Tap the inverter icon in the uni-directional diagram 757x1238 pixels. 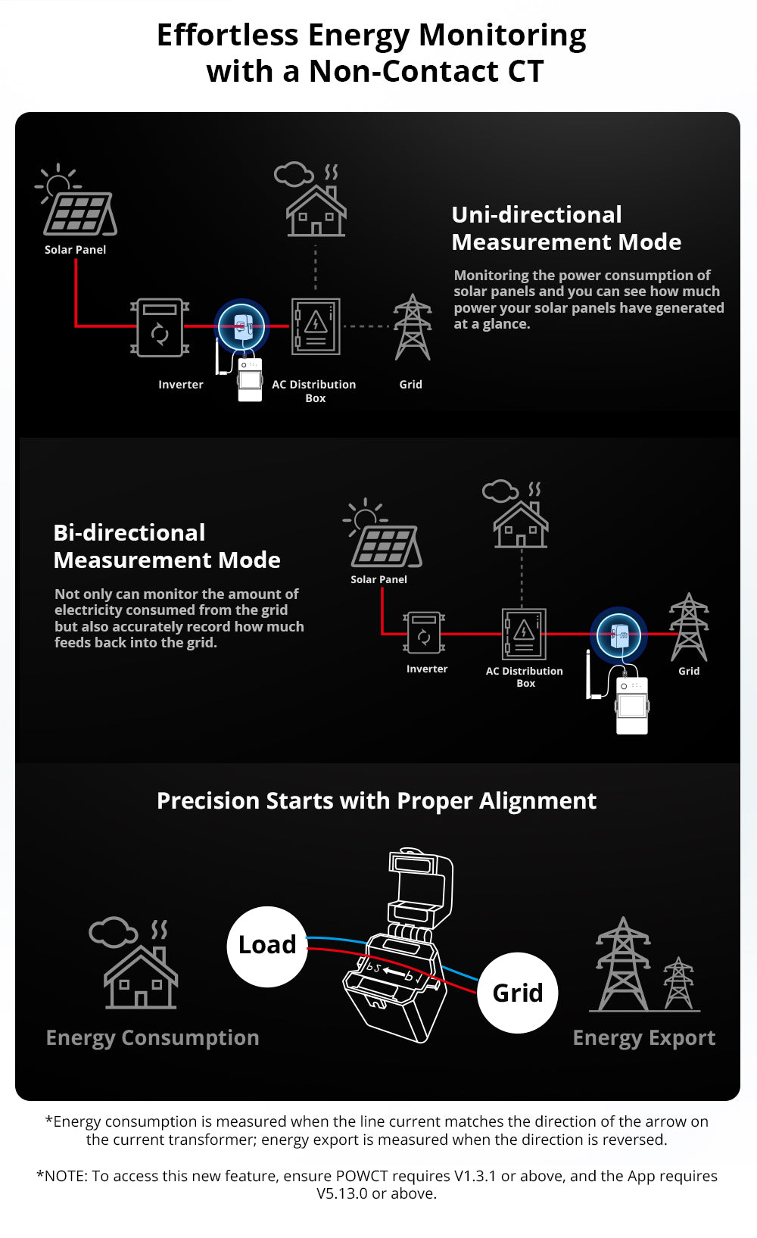(x=160, y=327)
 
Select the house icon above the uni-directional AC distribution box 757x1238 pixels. (x=316, y=210)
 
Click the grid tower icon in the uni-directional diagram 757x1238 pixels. (x=413, y=328)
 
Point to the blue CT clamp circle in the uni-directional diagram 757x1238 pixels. (x=241, y=326)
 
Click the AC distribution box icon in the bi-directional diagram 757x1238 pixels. (x=524, y=633)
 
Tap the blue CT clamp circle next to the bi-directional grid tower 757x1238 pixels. (x=618, y=635)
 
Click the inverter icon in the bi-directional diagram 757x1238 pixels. (x=424, y=632)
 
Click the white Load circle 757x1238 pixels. (x=267, y=946)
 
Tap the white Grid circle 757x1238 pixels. (x=518, y=993)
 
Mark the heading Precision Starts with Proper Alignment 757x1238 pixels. (x=376, y=801)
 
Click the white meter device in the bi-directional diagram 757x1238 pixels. (x=632, y=705)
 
